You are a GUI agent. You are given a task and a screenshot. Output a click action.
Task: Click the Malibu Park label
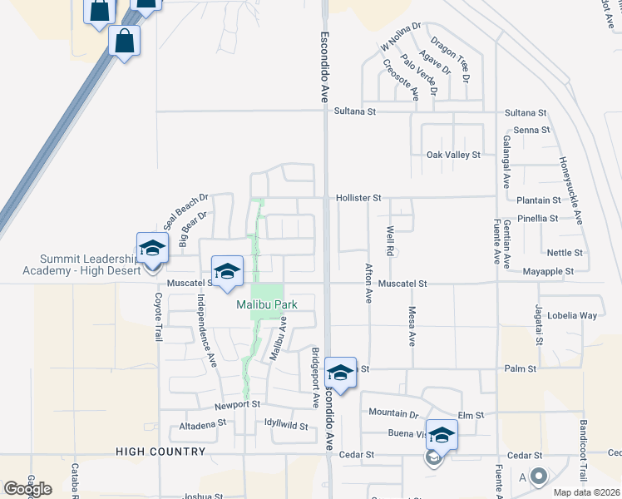[x=266, y=305]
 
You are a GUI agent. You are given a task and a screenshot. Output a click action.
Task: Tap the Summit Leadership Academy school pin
[x=153, y=248]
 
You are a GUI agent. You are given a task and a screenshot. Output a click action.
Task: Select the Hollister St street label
[x=358, y=198]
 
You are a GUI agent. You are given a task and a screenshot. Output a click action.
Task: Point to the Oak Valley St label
[x=453, y=155]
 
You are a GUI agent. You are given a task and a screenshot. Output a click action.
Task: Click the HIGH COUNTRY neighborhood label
[x=160, y=452]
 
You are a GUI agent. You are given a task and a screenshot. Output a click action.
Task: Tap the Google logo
[x=27, y=488]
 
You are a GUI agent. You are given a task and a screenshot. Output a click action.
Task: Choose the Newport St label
[x=237, y=404]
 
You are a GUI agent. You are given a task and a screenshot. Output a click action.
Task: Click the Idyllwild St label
[x=285, y=427]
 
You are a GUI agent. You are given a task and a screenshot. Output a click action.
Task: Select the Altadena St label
[x=203, y=423]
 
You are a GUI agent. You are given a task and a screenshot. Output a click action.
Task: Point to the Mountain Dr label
[x=393, y=413]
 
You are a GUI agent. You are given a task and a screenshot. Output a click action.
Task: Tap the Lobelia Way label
[x=578, y=315]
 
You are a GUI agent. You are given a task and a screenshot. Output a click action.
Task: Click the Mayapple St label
[x=548, y=271]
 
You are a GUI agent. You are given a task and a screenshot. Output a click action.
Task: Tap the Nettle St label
[x=565, y=252]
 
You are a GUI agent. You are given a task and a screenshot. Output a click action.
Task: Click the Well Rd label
[x=389, y=240]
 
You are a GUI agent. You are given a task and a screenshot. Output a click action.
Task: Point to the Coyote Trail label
[x=157, y=318]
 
